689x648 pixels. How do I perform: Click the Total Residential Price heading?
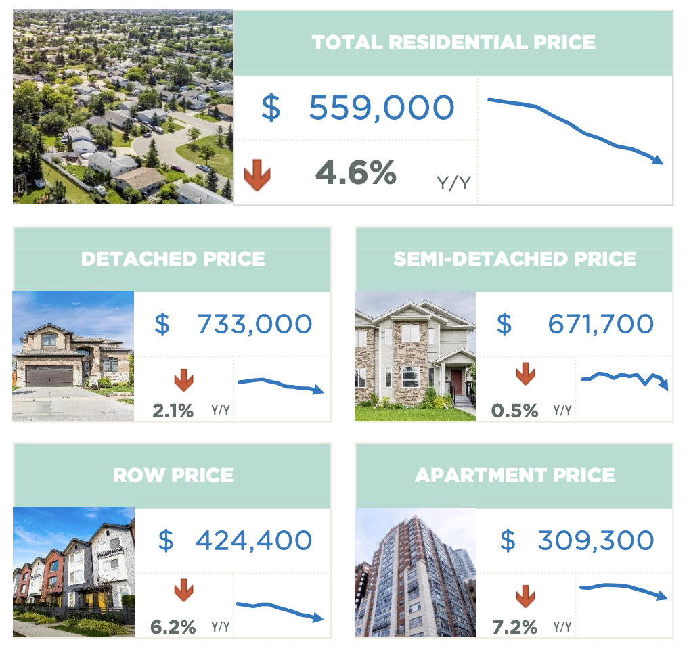tap(453, 42)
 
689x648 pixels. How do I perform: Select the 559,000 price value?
tap(381, 108)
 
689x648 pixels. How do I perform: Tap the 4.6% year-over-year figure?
tap(356, 173)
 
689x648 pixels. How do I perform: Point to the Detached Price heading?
tap(173, 258)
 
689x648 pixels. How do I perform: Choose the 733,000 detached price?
tap(254, 324)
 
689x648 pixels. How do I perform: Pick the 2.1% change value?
tap(173, 410)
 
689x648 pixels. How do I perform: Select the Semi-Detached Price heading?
tap(514, 258)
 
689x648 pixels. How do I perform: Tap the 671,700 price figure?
tap(600, 324)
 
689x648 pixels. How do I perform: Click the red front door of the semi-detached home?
tap(457, 383)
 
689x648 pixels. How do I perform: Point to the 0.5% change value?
tap(515, 410)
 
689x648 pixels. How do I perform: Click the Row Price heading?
tap(173, 475)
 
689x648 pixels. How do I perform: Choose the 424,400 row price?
tap(254, 540)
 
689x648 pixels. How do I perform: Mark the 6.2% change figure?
tap(173, 627)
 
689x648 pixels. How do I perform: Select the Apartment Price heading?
tap(514, 475)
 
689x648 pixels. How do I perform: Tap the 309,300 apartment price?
tap(596, 540)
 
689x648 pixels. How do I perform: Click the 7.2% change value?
tap(515, 627)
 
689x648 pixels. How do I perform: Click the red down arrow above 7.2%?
tap(525, 597)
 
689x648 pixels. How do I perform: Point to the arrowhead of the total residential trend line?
tap(657, 160)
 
